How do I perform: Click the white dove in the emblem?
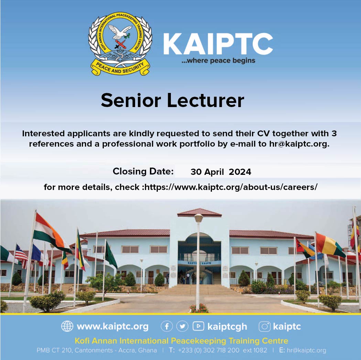click(120, 32)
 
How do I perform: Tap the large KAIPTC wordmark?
click(218, 44)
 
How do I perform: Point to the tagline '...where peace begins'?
click(218, 61)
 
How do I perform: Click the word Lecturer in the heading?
click(205, 100)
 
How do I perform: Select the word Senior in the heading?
click(131, 100)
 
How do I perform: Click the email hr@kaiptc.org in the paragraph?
click(299, 144)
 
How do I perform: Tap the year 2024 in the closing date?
click(240, 172)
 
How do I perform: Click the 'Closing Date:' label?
click(143, 171)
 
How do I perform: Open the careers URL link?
click(231, 187)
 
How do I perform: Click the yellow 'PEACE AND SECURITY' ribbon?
click(120, 68)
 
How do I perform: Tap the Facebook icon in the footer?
click(167, 326)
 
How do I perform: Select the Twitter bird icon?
click(182, 326)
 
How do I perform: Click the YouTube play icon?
click(198, 326)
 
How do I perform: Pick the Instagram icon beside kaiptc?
click(264, 326)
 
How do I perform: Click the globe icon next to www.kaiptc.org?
click(67, 326)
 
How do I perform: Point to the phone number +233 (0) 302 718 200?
click(209, 350)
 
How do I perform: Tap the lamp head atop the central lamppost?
click(198, 218)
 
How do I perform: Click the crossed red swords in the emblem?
click(120, 44)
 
